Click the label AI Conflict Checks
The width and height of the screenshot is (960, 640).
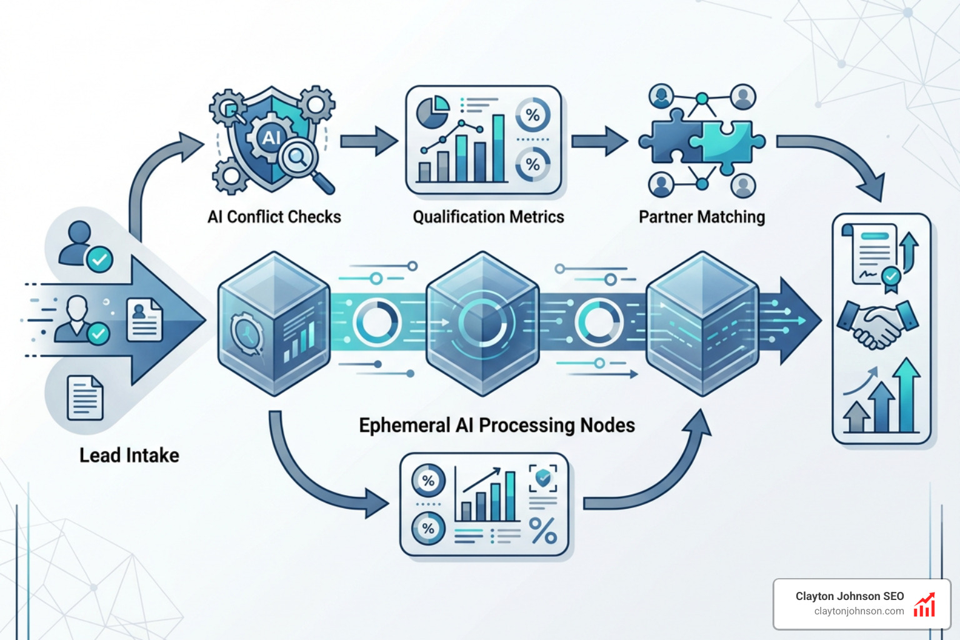(x=274, y=217)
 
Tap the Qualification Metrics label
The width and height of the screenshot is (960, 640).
(x=488, y=217)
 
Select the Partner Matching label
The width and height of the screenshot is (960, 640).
(x=701, y=217)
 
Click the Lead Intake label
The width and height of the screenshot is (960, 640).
(x=129, y=455)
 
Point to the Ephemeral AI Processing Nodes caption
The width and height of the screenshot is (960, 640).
(x=496, y=426)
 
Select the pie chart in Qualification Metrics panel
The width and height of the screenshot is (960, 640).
(x=432, y=112)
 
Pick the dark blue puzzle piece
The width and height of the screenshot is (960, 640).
(x=670, y=141)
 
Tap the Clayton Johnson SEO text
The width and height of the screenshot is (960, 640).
(x=849, y=596)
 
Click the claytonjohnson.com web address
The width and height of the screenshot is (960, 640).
(x=859, y=611)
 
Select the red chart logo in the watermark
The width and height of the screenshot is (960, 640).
(x=924, y=605)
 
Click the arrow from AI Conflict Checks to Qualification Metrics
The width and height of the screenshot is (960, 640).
(x=369, y=141)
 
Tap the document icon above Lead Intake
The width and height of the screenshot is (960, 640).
(x=85, y=397)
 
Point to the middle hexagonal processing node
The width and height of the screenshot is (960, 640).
(x=482, y=323)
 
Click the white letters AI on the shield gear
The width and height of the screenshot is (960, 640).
(x=271, y=137)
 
